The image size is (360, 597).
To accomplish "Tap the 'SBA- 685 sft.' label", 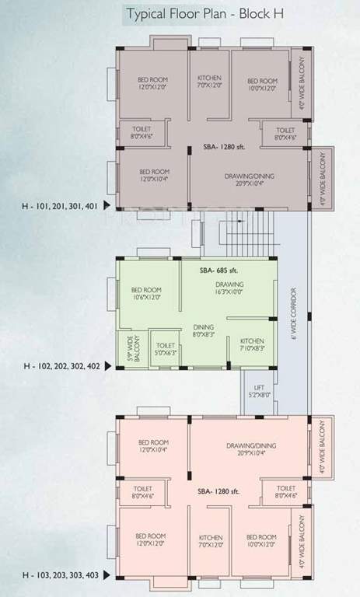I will coord(216,270).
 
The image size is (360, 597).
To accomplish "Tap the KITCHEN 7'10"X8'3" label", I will coord(251,346).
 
